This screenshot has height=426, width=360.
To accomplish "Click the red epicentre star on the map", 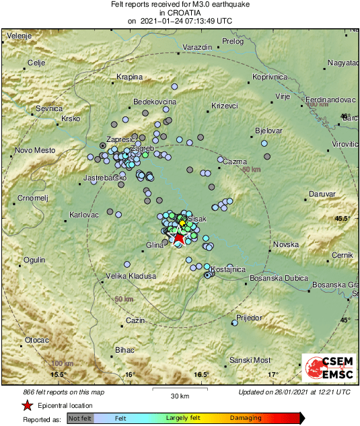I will (179, 237).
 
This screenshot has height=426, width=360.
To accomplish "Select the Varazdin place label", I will (197, 48).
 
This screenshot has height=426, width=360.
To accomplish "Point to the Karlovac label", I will (84, 215).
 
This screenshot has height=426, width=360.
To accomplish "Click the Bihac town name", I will (125, 350).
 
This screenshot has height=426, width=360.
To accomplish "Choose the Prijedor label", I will (248, 317).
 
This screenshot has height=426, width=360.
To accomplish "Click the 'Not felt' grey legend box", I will (80, 419).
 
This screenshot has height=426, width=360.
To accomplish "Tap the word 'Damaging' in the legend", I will (246, 419).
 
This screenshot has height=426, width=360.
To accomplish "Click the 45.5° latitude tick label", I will (345, 219).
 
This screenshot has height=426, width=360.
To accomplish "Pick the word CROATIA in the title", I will (180, 12).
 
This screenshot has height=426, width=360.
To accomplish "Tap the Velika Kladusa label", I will (131, 276).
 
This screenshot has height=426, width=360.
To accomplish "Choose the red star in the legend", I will (27, 405).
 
